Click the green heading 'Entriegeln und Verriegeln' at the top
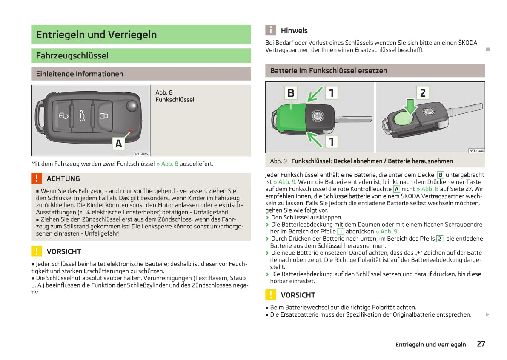point(96,35)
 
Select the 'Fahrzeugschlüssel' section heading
point(72,55)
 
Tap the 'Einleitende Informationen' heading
point(80,74)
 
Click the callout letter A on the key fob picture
point(119,144)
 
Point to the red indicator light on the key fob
point(131,131)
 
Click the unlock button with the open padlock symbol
point(63,116)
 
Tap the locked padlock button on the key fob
point(104,116)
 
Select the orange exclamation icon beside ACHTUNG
point(37,178)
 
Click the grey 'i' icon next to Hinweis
point(270,30)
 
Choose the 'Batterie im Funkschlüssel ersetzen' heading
point(329,71)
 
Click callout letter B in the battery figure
point(291,93)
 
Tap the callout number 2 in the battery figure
point(422,93)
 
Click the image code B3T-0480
point(476,150)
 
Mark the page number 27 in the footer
point(481,344)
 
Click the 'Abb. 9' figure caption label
point(278,161)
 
